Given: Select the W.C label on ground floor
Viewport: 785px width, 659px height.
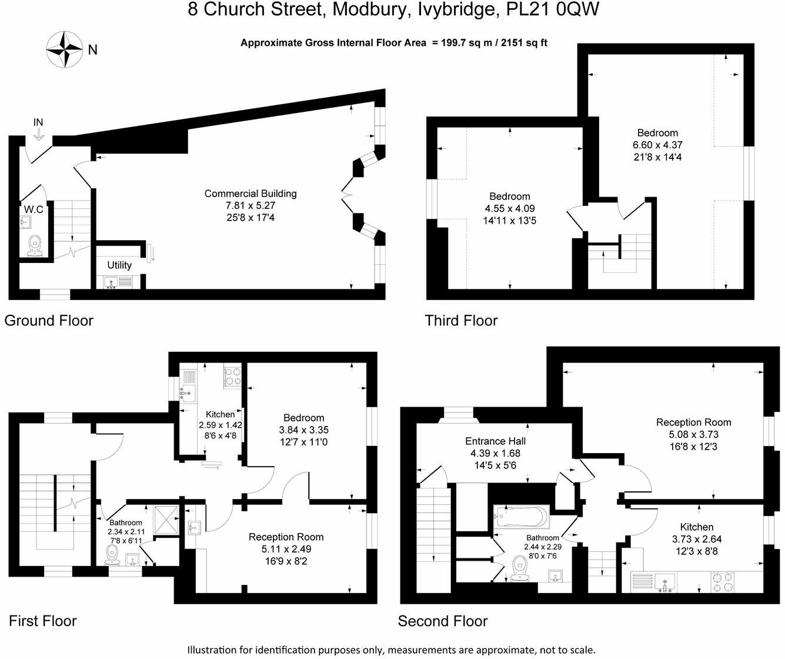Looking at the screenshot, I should (34, 209).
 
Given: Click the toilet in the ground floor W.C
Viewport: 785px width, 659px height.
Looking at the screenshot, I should (35, 244).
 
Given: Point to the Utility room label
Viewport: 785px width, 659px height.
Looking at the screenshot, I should (119, 265).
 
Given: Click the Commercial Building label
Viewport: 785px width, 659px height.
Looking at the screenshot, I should (250, 194).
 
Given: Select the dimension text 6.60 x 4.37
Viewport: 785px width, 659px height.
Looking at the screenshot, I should (657, 145).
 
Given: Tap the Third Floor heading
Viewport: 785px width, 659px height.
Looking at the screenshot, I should (461, 321).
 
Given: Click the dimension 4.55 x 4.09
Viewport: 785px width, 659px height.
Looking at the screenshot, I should (510, 209).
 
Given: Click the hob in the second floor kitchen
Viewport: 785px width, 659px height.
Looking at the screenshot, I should (723, 582).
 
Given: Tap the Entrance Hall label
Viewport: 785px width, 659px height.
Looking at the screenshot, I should (495, 441).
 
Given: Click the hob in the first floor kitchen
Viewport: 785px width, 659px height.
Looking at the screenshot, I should (232, 377).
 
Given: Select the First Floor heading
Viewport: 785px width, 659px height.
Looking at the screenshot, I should (42, 621).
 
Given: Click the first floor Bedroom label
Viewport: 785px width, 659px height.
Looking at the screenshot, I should (303, 418).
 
